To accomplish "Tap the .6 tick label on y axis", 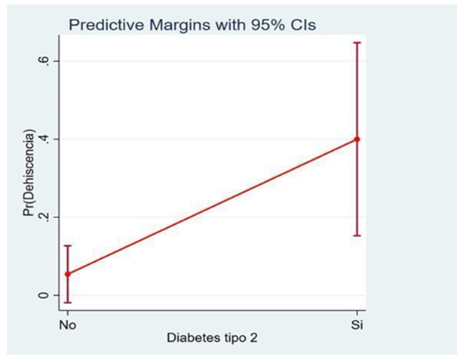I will click(x=45, y=61).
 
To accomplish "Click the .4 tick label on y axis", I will click(x=45, y=140).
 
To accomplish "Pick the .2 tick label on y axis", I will click(x=45, y=217).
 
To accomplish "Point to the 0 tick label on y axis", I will click(x=45, y=295).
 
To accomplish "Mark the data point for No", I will click(x=68, y=274).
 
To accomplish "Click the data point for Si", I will click(x=357, y=139).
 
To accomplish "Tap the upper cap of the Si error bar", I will click(x=357, y=43).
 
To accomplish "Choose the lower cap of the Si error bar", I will click(x=357, y=235).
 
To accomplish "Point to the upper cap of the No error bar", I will click(x=68, y=245).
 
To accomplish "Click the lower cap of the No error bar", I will click(x=68, y=303).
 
